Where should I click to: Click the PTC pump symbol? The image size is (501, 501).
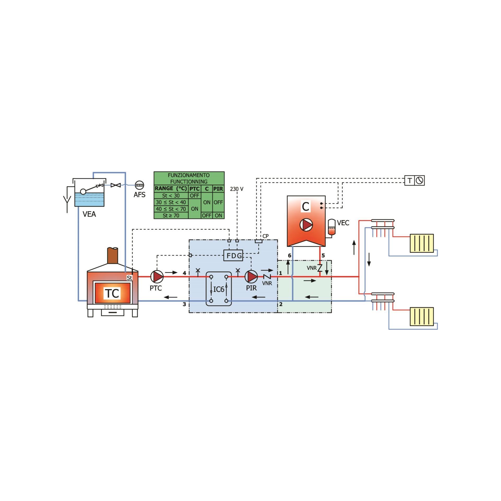pos(157,276)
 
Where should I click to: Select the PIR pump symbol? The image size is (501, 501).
pos(251,276)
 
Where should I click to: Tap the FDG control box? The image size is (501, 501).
pos(233,255)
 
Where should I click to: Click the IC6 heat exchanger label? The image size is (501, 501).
pos(219,289)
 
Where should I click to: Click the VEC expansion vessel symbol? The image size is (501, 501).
pos(331,227)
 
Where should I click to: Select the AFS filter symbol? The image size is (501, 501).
pos(139,185)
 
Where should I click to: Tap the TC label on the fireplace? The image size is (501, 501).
pos(112,293)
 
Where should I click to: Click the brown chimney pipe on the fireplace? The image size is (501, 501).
pos(112,255)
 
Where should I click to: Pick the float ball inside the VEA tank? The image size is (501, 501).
pos(83,192)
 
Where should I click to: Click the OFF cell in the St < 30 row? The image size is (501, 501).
pos(194,195)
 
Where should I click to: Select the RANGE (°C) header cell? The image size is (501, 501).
pos(171,188)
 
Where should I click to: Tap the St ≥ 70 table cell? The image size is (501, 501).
pos(171,216)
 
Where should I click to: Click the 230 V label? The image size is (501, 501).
pos(236,189)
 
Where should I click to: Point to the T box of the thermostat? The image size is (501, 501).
pos(410,180)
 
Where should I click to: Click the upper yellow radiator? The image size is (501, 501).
pos(422,243)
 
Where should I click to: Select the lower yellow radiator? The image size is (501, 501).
pos(422,317)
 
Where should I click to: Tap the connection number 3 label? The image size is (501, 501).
pos(184,304)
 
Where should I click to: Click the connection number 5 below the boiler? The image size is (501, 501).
pos(323,255)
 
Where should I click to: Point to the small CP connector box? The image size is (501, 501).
pos(258,241)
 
